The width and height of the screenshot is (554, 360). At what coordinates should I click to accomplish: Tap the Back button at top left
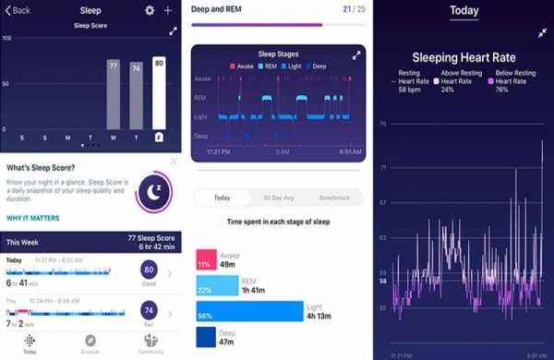pos(17,10)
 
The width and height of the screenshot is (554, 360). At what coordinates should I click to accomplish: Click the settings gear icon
pos(150,10)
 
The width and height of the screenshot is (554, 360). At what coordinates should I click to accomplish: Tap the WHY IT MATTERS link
pos(33,218)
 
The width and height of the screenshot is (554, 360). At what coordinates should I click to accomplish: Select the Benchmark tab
pos(334,198)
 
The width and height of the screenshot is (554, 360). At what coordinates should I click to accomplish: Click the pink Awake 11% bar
pos(206,259)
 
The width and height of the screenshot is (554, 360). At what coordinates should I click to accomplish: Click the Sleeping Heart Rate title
pos(464,55)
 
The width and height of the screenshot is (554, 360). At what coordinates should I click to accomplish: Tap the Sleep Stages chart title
pos(276,55)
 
